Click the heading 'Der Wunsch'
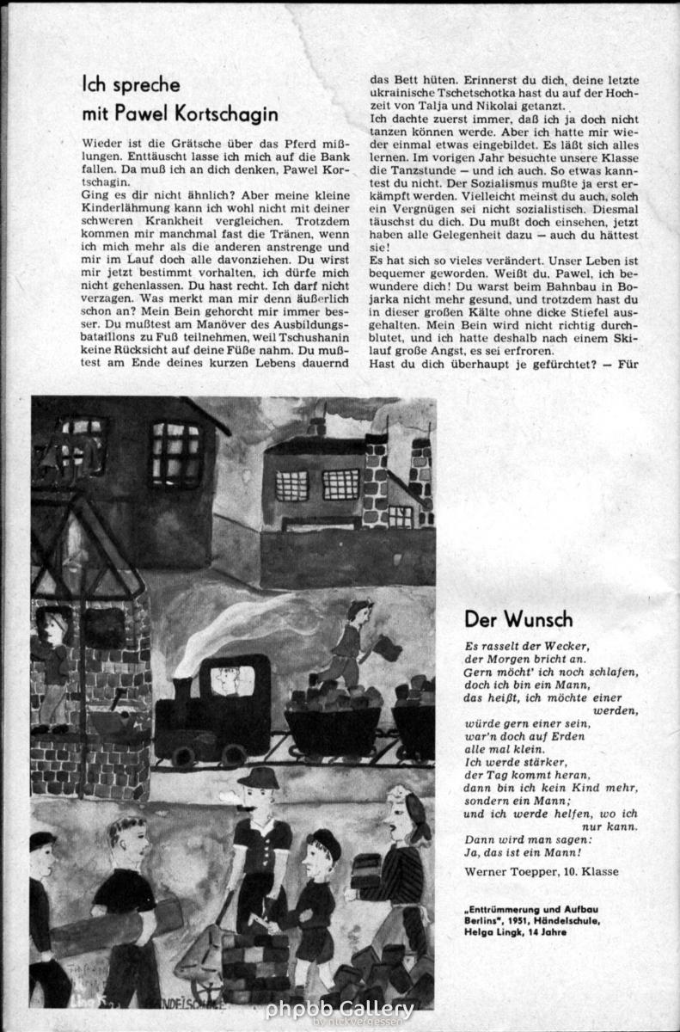(518, 619)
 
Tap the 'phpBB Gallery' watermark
(340, 1009)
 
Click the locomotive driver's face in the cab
(224, 679)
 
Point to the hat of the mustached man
(258, 778)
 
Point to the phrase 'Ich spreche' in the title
(131, 84)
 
